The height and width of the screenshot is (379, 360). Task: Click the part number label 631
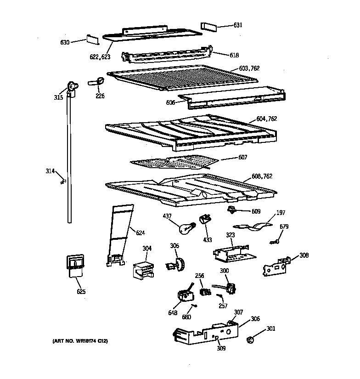tap(237, 25)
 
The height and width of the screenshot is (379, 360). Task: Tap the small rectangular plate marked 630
tap(93, 40)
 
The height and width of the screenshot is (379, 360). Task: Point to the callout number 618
tap(234, 55)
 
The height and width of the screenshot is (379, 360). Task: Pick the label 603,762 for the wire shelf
tap(249, 68)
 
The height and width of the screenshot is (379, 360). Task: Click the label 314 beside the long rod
tap(50, 171)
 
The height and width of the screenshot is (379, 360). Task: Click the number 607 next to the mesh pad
tap(243, 158)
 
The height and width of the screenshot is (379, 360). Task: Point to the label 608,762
tap(262, 176)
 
